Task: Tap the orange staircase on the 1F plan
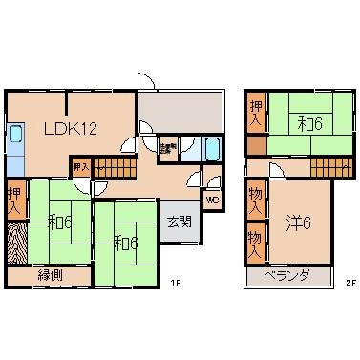tap(116, 169)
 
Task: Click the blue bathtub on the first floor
tap(213, 150)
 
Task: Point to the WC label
tap(213, 200)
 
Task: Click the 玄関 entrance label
tap(179, 222)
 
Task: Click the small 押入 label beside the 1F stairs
tap(80, 168)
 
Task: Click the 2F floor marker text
tap(349, 281)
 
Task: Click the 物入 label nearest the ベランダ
tap(255, 243)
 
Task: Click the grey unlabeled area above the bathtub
tap(180, 112)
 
